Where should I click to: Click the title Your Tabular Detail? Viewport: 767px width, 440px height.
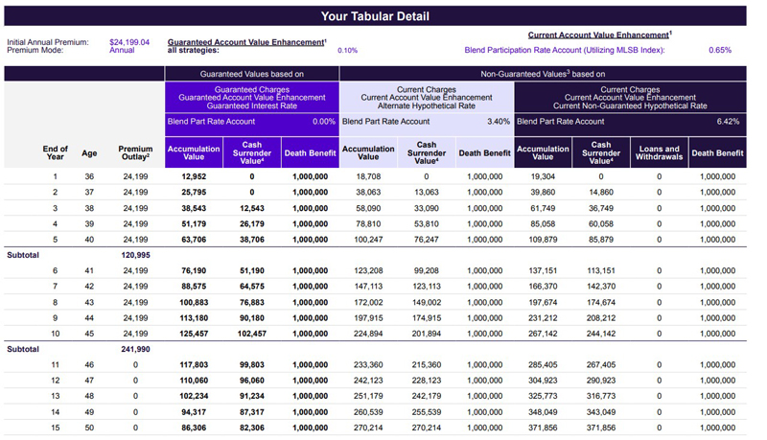tap(375, 16)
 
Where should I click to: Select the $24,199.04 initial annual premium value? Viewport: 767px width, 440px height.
tap(129, 42)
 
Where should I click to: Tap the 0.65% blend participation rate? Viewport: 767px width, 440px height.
tap(720, 50)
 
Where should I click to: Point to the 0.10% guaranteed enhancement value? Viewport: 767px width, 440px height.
tap(347, 51)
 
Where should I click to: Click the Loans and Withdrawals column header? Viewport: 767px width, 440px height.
tap(659, 152)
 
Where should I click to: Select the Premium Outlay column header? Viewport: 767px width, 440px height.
tap(135, 152)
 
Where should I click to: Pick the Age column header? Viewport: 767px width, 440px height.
tap(89, 153)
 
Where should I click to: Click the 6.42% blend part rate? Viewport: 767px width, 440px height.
tap(728, 121)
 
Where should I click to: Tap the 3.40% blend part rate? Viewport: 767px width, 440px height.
tap(499, 121)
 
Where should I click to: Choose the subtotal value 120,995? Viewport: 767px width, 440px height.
tap(135, 255)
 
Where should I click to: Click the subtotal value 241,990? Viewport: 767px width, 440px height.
tap(135, 349)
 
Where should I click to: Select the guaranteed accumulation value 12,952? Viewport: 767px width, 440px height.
tap(194, 176)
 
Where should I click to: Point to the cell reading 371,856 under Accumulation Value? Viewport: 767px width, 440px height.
tap(543, 428)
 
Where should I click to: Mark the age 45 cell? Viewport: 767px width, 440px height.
tap(89, 334)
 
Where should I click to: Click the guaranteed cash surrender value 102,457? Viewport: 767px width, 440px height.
tap(252, 334)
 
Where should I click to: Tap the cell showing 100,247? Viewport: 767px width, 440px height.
tap(368, 240)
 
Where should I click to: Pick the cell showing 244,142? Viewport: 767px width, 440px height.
tap(601, 334)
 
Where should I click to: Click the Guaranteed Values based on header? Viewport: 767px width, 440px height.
tap(252, 74)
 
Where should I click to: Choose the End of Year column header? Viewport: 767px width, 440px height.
tap(56, 152)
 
